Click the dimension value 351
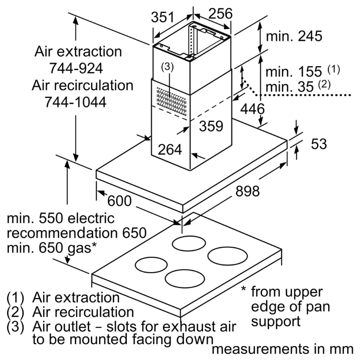[x=163, y=17]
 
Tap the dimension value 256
[x=220, y=13]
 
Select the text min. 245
[x=294, y=36]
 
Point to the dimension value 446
[x=252, y=109]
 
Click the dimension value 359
[x=211, y=126]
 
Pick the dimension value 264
[x=170, y=149]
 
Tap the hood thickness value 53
[x=319, y=144]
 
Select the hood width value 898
[x=248, y=191]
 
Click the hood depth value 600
[x=120, y=201]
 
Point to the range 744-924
[x=76, y=68]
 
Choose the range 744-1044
[x=75, y=102]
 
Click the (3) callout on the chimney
[x=168, y=67]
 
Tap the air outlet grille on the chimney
[x=171, y=101]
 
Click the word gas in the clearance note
[x=79, y=249]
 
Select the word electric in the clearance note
[x=91, y=218]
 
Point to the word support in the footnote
[x=276, y=322]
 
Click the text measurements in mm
[x=283, y=349]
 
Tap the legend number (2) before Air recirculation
[x=15, y=312]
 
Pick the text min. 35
[x=289, y=87]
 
